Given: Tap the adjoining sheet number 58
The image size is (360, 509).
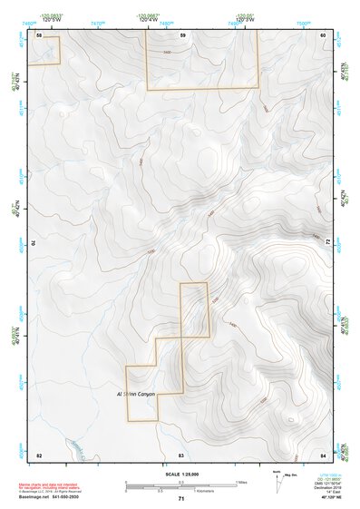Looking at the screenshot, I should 39,34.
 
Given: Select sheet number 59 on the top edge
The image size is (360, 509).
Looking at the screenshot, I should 182,34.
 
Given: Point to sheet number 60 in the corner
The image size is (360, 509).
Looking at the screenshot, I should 322,34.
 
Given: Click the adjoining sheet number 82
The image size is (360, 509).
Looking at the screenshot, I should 39,453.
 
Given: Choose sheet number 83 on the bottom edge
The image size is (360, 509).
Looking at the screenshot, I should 181,453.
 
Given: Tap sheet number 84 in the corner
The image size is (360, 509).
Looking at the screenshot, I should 322,453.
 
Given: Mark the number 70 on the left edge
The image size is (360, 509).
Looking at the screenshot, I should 37,243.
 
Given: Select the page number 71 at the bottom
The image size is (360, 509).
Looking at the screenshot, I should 181,500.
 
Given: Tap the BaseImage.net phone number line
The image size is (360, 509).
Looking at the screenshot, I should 47,498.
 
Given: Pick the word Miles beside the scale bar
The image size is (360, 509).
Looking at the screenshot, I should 241,482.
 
